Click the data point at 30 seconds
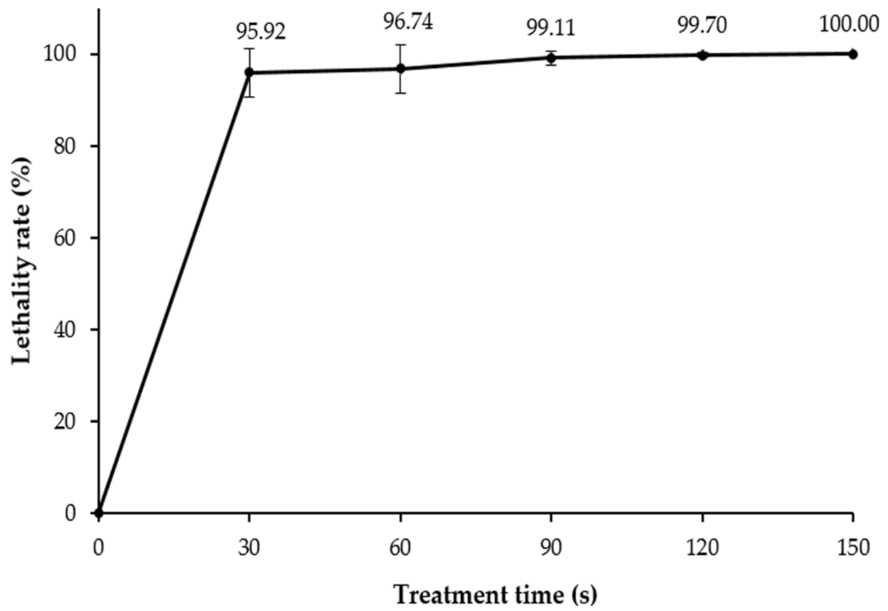pyautogui.click(x=249, y=72)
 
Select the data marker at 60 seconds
pyautogui.click(x=401, y=69)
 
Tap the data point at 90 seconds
pyautogui.click(x=551, y=58)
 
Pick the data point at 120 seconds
pyautogui.click(x=702, y=55)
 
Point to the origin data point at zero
pyautogui.click(x=99, y=513)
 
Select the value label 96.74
pyautogui.click(x=408, y=22)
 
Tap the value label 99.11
pyautogui.click(x=551, y=28)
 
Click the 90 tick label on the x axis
pyautogui.click(x=551, y=548)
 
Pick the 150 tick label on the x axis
pyautogui.click(x=853, y=548)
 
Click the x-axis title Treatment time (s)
pyautogui.click(x=495, y=595)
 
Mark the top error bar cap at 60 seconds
pyautogui.click(x=401, y=45)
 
